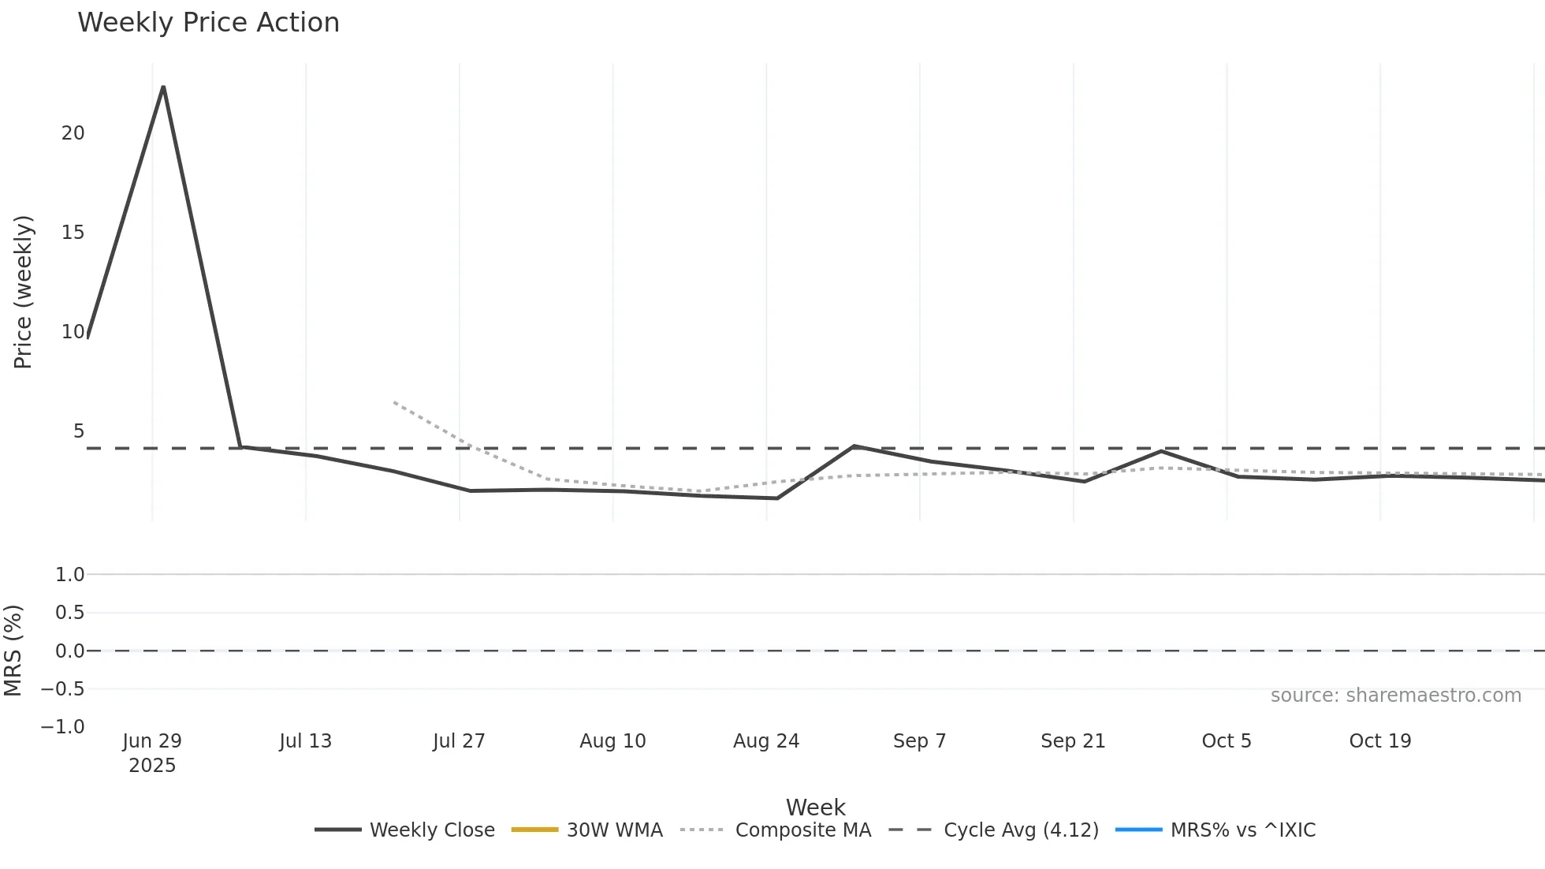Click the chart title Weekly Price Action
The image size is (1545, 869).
click(x=208, y=23)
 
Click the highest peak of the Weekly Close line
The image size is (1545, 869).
click(x=163, y=87)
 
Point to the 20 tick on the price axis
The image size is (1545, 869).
click(x=73, y=133)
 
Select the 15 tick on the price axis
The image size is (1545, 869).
click(x=73, y=233)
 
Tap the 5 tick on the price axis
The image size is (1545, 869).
click(x=78, y=431)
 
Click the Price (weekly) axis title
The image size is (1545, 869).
click(x=23, y=292)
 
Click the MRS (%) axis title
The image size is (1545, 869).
click(x=13, y=651)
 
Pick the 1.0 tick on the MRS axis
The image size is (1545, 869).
click(x=69, y=575)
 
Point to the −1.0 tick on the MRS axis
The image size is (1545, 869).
click(x=63, y=727)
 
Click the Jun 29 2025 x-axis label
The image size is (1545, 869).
click(x=152, y=752)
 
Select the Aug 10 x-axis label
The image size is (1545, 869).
click(x=612, y=741)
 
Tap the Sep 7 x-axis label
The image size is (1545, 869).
click(x=919, y=741)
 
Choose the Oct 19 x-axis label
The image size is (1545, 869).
click(x=1379, y=741)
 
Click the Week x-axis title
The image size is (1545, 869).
click(x=815, y=807)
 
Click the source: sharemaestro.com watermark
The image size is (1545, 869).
click(x=1395, y=696)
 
